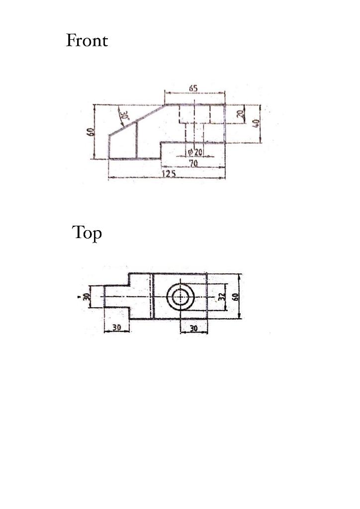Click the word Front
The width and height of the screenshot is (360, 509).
pos(87,41)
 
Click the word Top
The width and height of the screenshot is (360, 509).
pos(87,233)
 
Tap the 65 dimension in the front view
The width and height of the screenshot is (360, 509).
pos(193,88)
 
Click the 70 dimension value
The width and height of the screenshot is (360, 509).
pos(193,163)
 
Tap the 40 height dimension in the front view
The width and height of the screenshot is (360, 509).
pos(256,123)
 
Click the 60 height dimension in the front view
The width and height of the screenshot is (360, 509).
pos(90,133)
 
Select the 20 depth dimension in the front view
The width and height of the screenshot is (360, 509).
pos(240,114)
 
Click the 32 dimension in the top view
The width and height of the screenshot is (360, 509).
pos(222,297)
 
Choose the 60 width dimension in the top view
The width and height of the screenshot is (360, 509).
pos(235,297)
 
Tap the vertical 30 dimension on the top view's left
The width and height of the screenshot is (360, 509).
pos(86,297)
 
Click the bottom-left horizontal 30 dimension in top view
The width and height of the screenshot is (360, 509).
pos(116,328)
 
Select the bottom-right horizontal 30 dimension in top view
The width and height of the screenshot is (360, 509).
pos(193,329)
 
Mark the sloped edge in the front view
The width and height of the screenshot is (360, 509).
pos(137,120)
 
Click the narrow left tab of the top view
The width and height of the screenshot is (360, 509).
pos(116,297)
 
